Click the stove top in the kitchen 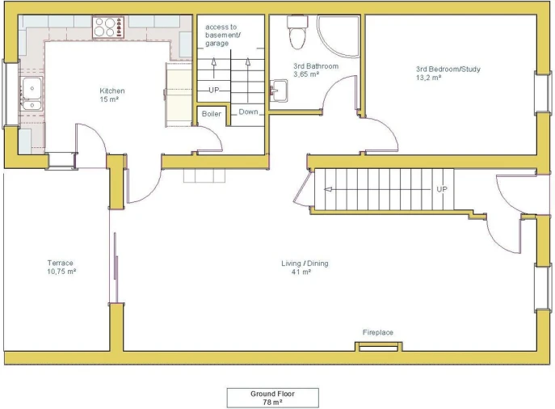[x=108, y=27]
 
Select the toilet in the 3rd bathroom [x=297, y=32]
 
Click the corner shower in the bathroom [x=338, y=36]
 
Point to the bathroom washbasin [x=279, y=91]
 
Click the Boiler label [x=212, y=114]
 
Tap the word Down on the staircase [x=248, y=112]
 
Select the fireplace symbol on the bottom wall [x=378, y=347]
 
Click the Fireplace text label [x=377, y=332]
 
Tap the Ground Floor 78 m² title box [x=272, y=398]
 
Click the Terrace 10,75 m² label [x=61, y=267]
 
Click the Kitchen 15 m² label [x=111, y=95]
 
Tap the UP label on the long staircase [x=442, y=189]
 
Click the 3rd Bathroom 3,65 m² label [x=316, y=70]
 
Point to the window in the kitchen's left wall [x=6, y=95]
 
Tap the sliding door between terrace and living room [x=116, y=255]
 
